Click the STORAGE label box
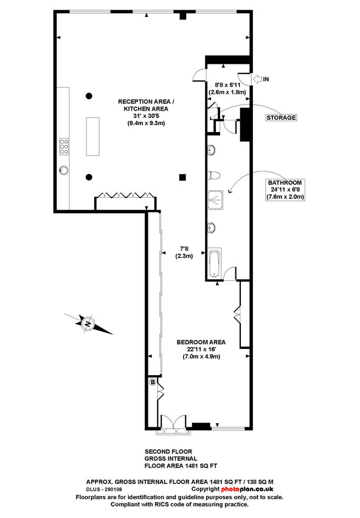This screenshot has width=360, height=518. click(282, 117)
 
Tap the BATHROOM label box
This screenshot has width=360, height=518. click(285, 190)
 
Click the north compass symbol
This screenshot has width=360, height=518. click(88, 323)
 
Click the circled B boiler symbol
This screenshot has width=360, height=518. click(153, 382)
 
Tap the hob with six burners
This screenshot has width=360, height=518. click(64, 147)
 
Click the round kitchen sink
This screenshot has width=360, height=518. click(64, 170)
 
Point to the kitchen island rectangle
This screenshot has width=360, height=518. click(93, 136)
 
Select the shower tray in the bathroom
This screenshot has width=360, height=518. click(215, 201)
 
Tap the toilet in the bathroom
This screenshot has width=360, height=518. click(213, 175)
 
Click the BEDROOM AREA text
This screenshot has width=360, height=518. click(201, 342)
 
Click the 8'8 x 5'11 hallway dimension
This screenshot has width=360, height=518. click(227, 85)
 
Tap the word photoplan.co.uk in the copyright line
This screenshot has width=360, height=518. click(247, 489)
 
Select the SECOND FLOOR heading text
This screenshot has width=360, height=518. click(168, 452)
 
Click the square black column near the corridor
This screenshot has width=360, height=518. click(182, 178)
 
